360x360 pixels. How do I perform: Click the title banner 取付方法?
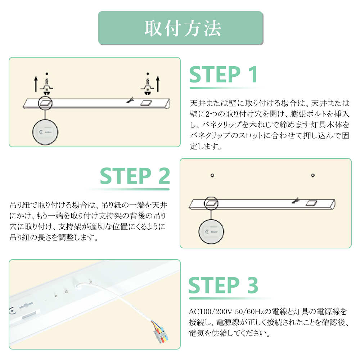181,28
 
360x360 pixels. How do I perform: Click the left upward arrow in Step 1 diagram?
35,84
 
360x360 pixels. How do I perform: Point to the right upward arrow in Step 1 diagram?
157,84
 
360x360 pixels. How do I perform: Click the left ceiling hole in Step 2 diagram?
212,175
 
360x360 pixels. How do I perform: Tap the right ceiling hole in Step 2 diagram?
313,175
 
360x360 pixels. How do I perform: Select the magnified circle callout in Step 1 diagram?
45,131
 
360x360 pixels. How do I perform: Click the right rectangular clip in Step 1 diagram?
145,103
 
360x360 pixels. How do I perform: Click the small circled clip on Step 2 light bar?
211,203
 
